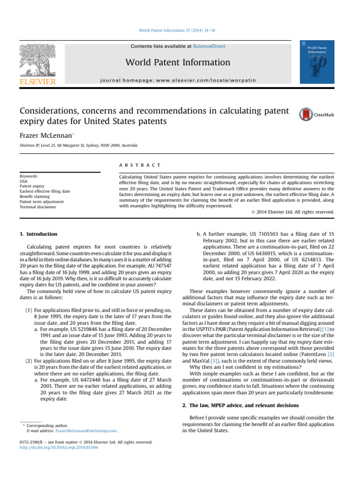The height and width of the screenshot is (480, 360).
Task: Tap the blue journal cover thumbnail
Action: tap(317, 62)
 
